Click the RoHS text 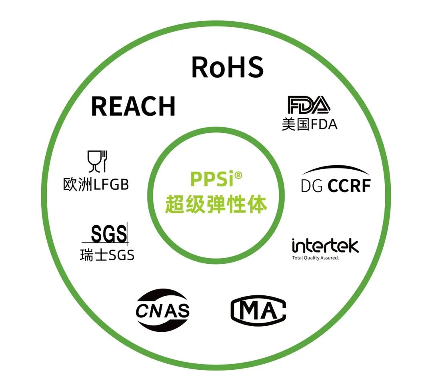click(x=227, y=67)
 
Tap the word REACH click(x=133, y=106)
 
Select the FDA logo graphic click(x=309, y=105)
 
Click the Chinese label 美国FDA click(x=309, y=124)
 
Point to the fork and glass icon click(x=98, y=161)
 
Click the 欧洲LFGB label click(x=96, y=184)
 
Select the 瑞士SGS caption click(x=107, y=255)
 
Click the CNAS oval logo click(x=162, y=310)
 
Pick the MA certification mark click(x=258, y=310)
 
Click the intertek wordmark click(x=325, y=245)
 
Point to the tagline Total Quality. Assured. click(x=316, y=258)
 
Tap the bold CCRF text click(x=349, y=186)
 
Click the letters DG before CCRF click(x=312, y=186)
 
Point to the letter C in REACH click(x=147, y=106)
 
